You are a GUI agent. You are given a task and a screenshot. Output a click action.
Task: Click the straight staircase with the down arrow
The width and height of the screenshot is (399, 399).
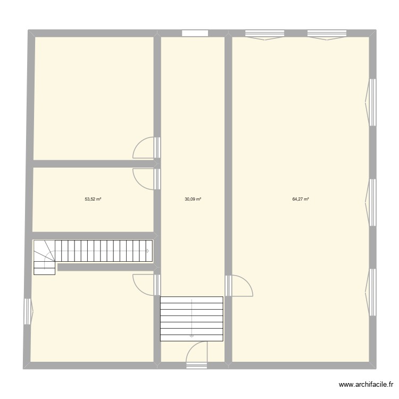click(192, 318)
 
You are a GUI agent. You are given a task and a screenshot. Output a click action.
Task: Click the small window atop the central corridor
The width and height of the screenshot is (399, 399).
click(195, 33)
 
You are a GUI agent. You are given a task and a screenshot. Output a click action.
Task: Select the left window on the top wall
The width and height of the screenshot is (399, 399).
click(264, 35)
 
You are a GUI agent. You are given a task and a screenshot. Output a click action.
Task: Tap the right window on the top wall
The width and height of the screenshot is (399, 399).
click(327, 35)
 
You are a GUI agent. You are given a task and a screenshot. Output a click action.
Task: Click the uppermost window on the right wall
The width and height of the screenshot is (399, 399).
click(371, 102)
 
